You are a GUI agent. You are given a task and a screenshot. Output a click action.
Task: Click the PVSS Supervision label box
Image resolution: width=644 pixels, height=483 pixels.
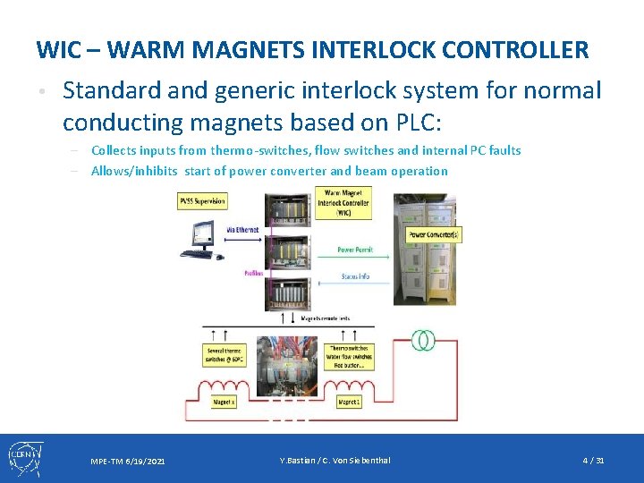201,201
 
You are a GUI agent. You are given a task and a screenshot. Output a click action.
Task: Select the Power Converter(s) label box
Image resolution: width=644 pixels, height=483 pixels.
435,235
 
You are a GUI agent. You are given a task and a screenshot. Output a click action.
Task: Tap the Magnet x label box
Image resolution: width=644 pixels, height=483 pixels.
224,402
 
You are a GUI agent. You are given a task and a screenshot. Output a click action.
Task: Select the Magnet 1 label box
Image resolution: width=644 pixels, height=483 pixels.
349,402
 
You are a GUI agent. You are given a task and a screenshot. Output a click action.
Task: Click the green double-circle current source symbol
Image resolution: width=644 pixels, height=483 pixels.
423,340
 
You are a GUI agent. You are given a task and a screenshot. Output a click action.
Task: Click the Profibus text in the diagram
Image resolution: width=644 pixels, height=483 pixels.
253,273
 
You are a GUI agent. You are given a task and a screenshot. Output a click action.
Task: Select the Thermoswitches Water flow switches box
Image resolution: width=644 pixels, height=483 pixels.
351,357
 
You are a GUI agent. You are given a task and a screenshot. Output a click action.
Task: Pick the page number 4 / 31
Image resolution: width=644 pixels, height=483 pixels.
593,461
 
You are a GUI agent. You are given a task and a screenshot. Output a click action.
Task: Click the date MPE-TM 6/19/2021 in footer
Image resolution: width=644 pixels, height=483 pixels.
127,462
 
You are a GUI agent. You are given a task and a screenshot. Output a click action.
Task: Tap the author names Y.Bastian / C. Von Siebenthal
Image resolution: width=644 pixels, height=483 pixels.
335,461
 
